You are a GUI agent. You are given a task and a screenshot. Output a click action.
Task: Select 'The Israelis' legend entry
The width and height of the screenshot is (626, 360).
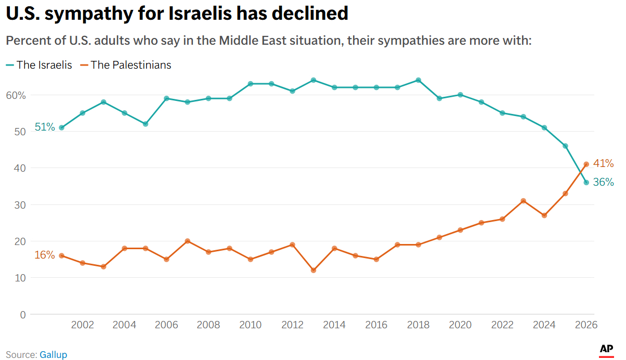[44, 65]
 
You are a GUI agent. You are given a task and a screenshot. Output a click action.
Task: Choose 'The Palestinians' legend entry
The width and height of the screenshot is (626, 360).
[131, 65]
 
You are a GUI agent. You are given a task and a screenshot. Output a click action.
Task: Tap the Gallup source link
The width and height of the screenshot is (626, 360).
[53, 355]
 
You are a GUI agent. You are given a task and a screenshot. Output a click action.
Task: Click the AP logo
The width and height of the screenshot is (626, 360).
[606, 350]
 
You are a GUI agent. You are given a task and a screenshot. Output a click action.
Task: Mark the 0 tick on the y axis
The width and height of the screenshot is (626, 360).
[22, 314]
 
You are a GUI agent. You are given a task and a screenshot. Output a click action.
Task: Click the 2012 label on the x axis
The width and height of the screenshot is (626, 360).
[292, 325]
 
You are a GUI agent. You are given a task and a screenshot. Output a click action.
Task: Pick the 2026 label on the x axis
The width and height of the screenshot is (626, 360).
[586, 325]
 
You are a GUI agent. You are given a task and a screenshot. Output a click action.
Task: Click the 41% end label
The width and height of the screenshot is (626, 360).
[603, 163]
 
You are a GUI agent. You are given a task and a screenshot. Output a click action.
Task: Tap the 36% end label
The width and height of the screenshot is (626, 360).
[603, 183]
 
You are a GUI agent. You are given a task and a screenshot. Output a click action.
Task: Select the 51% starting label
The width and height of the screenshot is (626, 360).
[45, 127]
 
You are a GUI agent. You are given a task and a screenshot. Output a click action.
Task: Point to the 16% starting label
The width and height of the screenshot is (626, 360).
[45, 255]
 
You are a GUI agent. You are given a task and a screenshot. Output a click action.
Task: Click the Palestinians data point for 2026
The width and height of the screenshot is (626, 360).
[586, 164]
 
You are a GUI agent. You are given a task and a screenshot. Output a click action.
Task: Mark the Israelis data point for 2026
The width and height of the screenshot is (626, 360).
[586, 183]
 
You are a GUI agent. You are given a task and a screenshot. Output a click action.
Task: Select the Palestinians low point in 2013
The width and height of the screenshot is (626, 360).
[314, 271]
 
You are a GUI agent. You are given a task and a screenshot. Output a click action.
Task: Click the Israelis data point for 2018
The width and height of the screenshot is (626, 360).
[418, 80]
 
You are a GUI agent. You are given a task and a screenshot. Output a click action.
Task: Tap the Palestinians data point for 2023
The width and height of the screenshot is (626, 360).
[523, 201]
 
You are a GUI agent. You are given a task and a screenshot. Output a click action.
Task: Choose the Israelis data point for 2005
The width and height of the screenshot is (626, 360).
[146, 124]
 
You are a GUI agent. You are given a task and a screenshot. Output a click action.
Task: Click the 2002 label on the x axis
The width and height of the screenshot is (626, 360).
[83, 325]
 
